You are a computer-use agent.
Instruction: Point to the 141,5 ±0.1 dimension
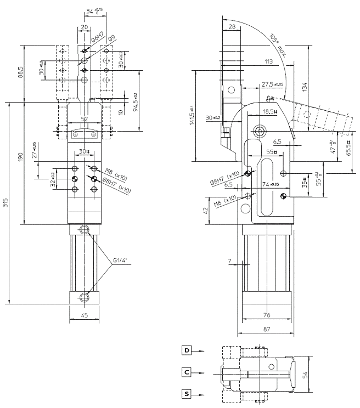pyautogui.click(x=192, y=116)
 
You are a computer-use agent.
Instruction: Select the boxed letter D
pyautogui.click(x=187, y=349)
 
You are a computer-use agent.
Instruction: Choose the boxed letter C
pyautogui.click(x=187, y=372)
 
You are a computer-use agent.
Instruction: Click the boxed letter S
pyautogui.click(x=187, y=393)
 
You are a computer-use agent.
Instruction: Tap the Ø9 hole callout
pyautogui.click(x=110, y=38)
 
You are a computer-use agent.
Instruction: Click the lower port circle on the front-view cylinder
pyautogui.click(x=84, y=297)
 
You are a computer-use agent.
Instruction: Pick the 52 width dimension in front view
pyautogui.click(x=84, y=118)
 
